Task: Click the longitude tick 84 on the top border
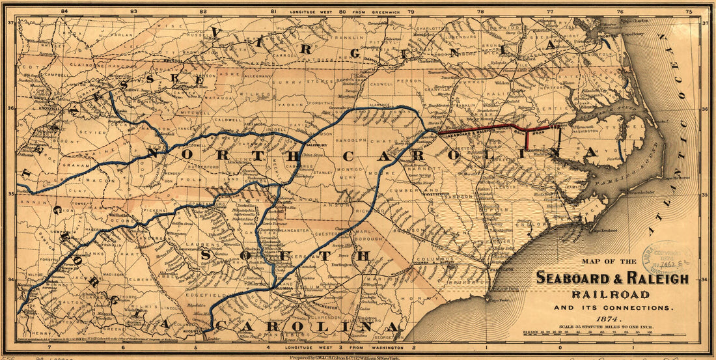[64, 11]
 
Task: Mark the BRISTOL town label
[173, 60]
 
